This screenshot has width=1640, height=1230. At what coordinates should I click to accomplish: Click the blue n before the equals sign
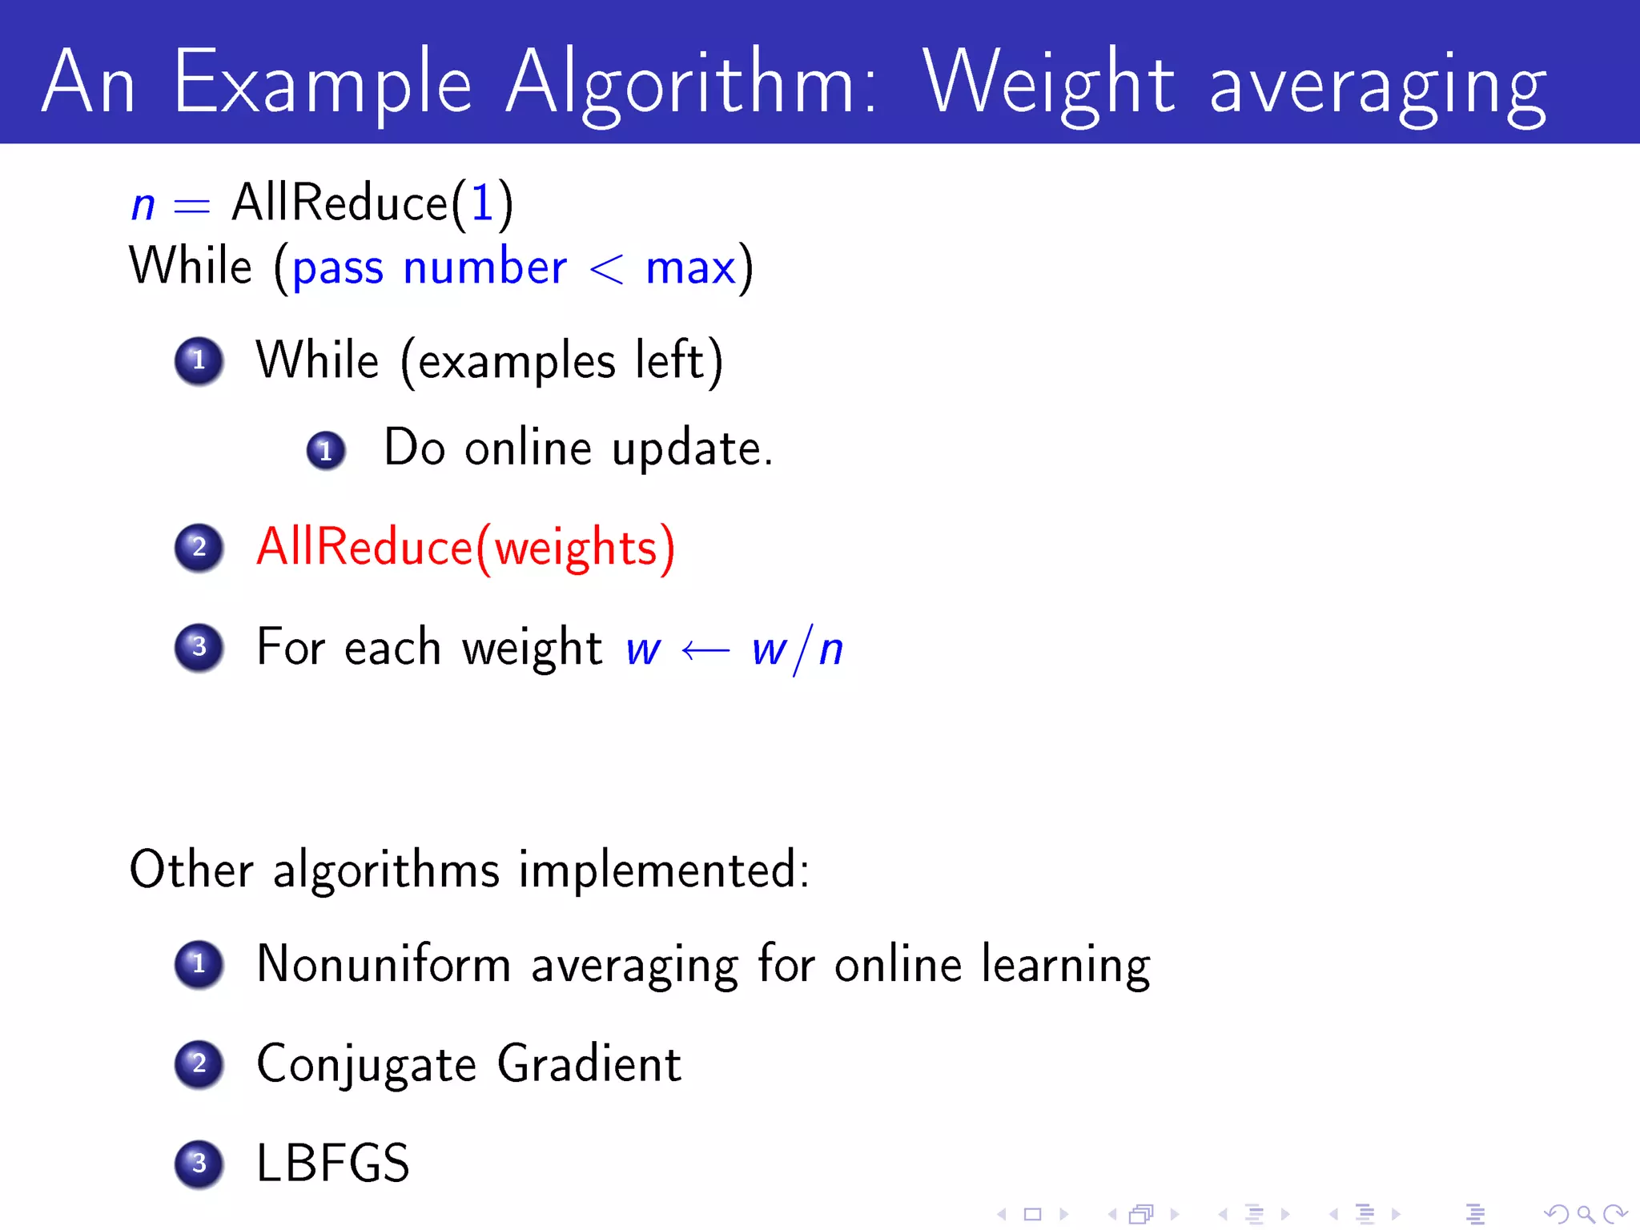point(143,206)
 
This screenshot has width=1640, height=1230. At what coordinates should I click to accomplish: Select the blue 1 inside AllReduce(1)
point(482,203)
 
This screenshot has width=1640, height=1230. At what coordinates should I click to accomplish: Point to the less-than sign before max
point(606,269)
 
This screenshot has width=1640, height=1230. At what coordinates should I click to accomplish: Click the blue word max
point(690,269)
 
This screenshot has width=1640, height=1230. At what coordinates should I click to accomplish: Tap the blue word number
point(485,267)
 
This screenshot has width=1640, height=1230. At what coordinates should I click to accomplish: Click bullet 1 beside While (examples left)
point(199,360)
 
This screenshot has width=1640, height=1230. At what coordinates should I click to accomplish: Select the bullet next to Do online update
point(326,451)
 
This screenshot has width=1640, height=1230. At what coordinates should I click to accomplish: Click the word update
point(691,448)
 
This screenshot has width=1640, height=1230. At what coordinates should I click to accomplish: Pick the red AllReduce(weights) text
point(465,549)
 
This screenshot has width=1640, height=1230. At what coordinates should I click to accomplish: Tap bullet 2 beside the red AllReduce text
point(199,548)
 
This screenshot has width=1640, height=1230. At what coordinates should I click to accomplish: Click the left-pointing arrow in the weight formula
point(705,650)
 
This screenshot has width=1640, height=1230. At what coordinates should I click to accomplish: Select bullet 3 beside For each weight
point(199,647)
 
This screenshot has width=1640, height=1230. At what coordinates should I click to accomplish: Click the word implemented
point(663,870)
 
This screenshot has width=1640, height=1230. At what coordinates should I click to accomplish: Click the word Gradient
point(589,1064)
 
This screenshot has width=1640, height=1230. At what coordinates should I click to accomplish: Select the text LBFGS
point(332,1164)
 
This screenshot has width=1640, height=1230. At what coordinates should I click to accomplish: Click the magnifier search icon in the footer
point(1585,1215)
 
